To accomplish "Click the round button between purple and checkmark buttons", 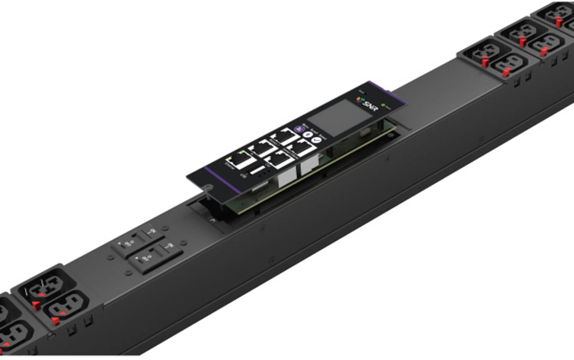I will pos(307,127).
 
